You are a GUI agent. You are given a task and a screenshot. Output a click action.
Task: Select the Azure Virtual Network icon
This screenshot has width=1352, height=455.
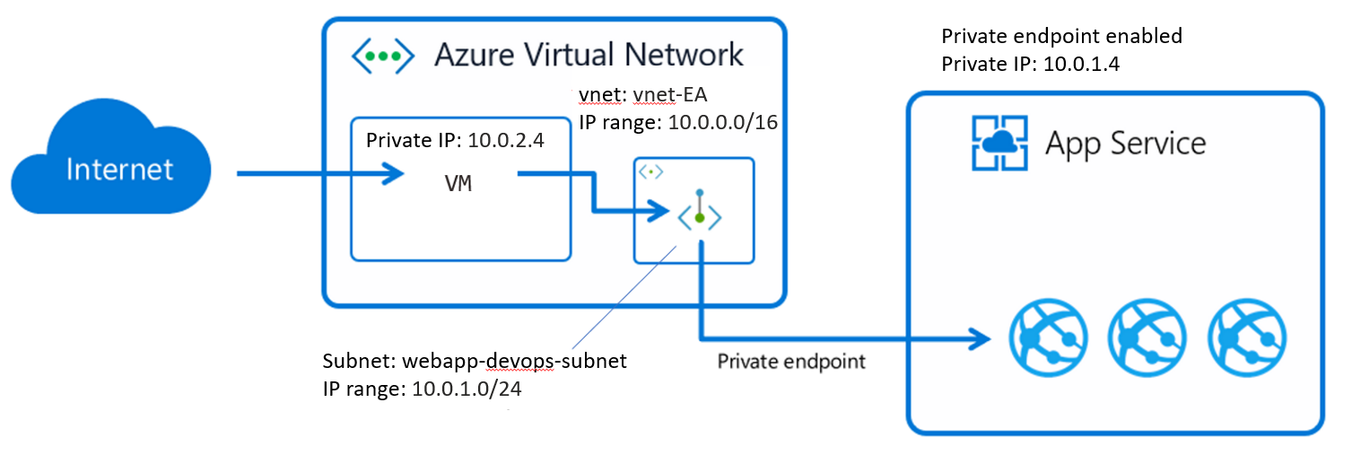(382, 56)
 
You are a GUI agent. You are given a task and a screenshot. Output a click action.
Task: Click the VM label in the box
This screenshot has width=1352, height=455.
(459, 185)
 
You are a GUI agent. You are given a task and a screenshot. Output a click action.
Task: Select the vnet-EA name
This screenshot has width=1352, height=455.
(674, 94)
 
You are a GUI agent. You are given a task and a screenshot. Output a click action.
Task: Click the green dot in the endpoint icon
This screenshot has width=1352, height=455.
(699, 218)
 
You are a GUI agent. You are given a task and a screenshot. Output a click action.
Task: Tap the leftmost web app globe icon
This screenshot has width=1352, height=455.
(1039, 337)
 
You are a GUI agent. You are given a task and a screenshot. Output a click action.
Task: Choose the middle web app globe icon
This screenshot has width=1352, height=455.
(1139, 337)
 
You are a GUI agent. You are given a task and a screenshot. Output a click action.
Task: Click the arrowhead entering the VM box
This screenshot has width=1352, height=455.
(391, 173)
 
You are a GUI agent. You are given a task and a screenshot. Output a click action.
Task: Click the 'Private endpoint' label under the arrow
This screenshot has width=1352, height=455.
(791, 362)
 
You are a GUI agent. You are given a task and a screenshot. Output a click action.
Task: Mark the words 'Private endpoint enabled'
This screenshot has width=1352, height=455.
(1061, 37)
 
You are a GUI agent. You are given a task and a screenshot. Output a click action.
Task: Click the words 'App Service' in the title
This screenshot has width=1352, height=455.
(1125, 143)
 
